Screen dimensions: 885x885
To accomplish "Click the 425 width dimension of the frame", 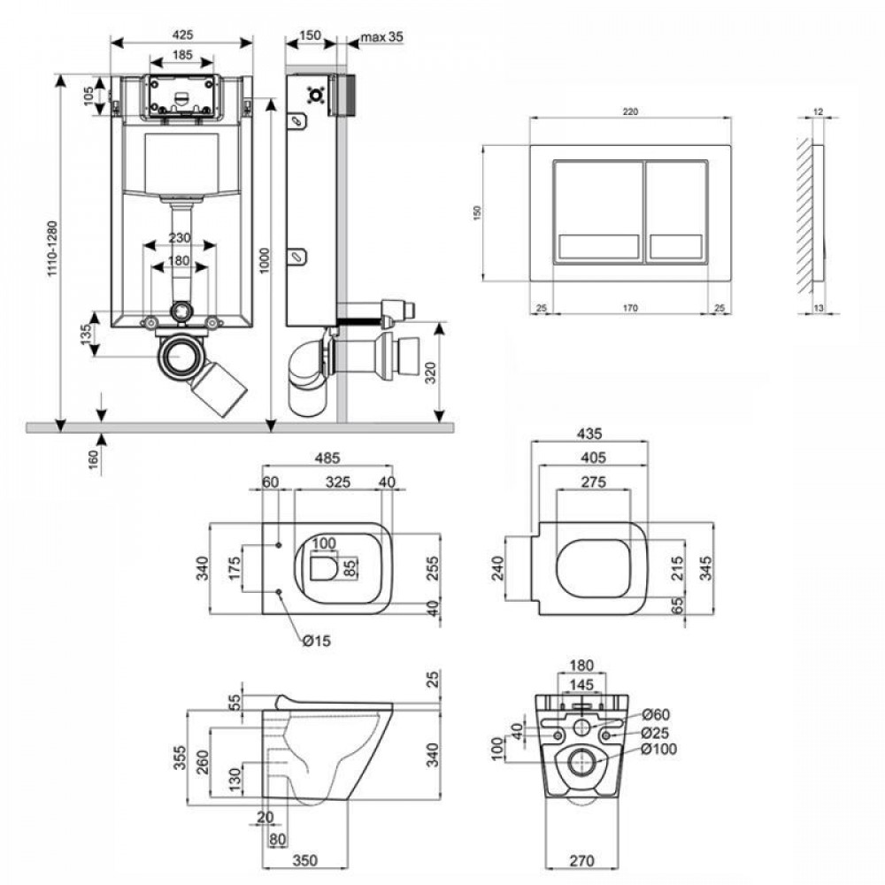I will click(x=181, y=35).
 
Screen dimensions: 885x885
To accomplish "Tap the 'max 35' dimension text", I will click(x=381, y=37).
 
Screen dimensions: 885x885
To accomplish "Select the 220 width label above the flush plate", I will click(x=629, y=112).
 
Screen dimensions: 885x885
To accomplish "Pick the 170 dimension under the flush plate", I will click(x=628, y=308).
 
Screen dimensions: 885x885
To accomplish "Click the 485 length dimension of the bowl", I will click(x=327, y=458).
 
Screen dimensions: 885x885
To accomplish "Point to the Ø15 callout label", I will click(x=315, y=642).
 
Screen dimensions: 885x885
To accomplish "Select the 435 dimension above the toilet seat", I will click(x=589, y=434).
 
